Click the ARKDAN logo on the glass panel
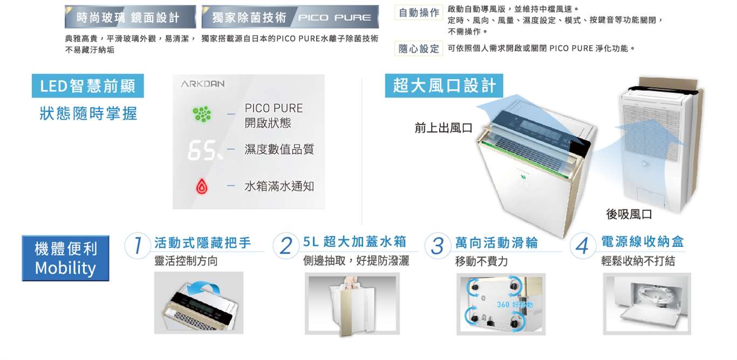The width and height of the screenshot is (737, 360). coord(203,84)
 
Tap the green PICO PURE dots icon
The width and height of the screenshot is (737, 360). coord(202,114)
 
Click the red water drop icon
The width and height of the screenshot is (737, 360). coord(202,186)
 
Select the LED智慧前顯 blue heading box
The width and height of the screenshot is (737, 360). coord(88,86)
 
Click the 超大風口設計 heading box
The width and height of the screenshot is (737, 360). coord(444,86)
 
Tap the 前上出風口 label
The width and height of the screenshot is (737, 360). coord(443,128)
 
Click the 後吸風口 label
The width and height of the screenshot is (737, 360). coord(629,214)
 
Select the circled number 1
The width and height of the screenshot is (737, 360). coord(138,246)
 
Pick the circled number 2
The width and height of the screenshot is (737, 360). coord(286,246)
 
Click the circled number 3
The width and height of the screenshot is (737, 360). coord(438,246)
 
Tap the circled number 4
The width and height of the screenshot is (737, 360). coord(583,246)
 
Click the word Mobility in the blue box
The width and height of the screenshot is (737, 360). coord(65,268)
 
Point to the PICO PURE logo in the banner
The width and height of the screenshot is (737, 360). coord(335,17)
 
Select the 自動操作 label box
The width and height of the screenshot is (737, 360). coord(419,12)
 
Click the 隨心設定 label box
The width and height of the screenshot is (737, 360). coord(419,49)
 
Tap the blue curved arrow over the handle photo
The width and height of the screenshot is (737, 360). coord(204,287)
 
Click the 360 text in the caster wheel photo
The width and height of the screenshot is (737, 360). coord(503,305)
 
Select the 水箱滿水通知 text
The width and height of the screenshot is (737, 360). coord(279,187)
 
